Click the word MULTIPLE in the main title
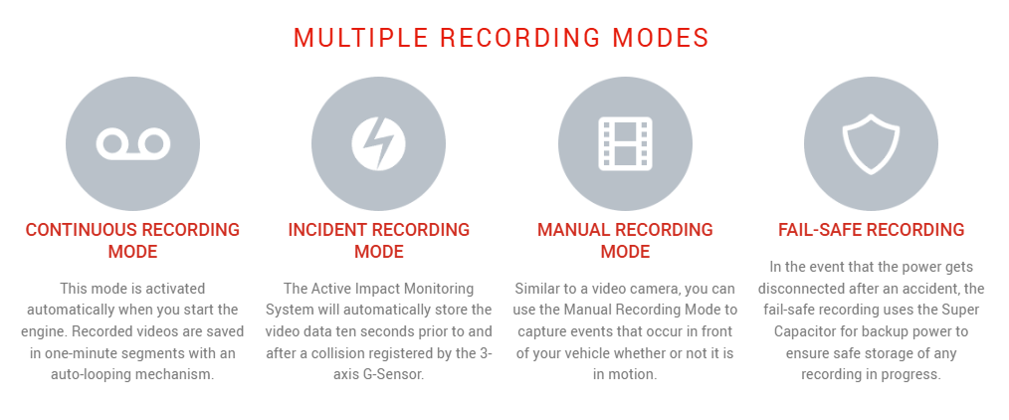click(x=360, y=38)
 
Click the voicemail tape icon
click(x=133, y=144)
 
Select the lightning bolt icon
click(x=378, y=143)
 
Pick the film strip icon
click(x=625, y=143)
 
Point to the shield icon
click(x=871, y=144)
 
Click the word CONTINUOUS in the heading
click(x=81, y=230)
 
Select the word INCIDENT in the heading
click(x=327, y=230)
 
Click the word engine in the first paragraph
click(x=41, y=331)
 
